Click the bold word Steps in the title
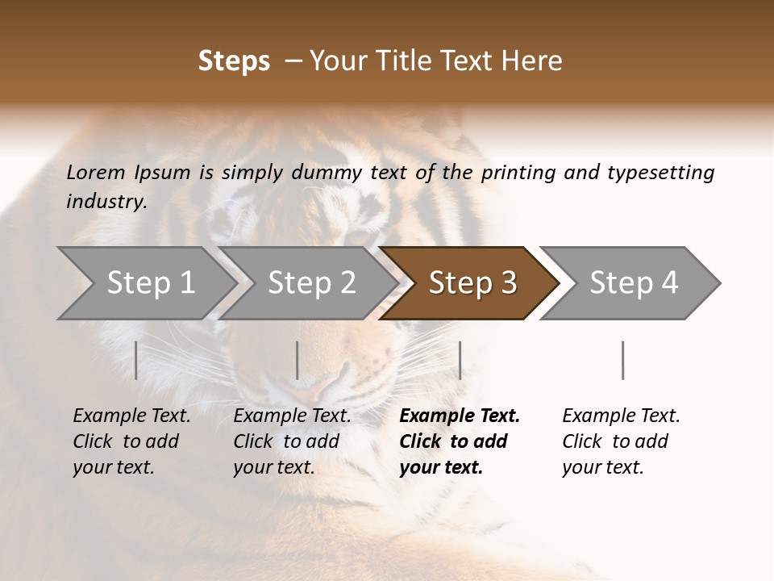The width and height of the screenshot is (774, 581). click(234, 61)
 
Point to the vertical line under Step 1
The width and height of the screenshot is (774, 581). click(136, 360)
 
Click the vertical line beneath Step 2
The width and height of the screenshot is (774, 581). click(298, 360)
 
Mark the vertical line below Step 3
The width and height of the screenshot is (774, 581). click(460, 360)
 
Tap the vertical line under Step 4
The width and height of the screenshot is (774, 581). click(622, 360)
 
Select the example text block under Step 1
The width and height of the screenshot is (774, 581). click(131, 441)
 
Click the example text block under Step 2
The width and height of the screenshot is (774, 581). click(292, 441)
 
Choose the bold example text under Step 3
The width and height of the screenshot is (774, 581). click(460, 441)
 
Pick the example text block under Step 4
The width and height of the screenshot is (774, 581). click(621, 441)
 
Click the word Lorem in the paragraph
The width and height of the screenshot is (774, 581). click(96, 173)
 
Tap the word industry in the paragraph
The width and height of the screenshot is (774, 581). click(106, 202)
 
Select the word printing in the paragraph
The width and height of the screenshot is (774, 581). click(518, 173)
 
